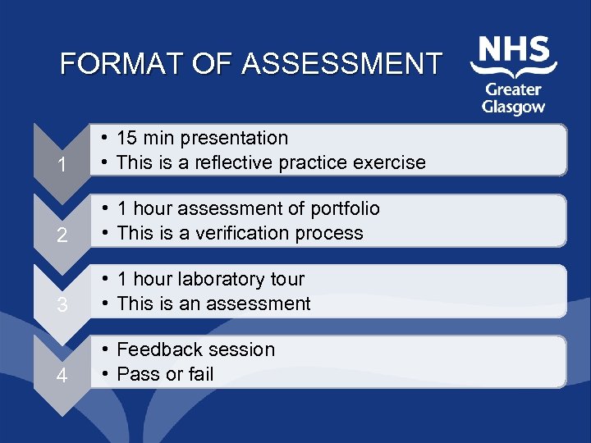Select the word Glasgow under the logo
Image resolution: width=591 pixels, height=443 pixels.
coord(514,107)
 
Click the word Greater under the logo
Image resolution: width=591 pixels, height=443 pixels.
coord(513,89)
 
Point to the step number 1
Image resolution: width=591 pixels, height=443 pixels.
coord(62,165)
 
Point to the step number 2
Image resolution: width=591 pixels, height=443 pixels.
coord(62,235)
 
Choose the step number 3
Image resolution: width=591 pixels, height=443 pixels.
coord(62,306)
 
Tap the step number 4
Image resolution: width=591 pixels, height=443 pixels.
coord(62,377)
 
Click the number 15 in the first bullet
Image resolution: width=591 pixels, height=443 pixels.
coord(128,138)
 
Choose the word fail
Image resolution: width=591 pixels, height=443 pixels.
coord(199,374)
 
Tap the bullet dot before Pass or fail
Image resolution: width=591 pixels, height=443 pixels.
coord(106,375)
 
